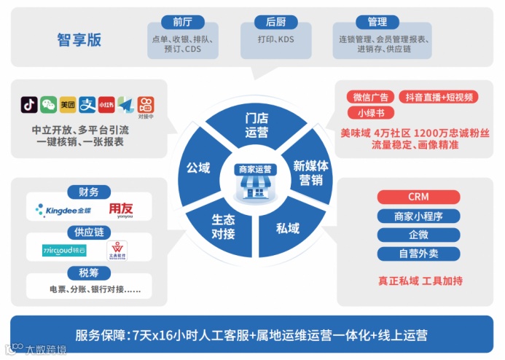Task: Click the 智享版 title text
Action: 79,40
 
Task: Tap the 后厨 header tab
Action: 275,22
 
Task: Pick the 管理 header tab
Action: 377,22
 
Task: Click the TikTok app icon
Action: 29,105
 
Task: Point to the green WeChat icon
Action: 49,105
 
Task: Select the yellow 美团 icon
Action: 68,105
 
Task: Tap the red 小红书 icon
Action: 106,105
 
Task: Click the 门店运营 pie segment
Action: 257,125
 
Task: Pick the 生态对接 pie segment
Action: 223,226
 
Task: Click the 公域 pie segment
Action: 198,168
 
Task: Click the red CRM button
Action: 418,197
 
